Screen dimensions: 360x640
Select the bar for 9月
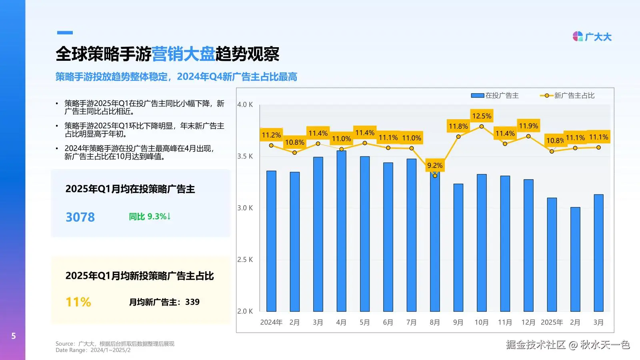pos(458,248)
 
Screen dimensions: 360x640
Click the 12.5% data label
pos(482,116)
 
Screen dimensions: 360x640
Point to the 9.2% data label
pos(435,165)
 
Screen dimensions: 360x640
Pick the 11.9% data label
pos(528,126)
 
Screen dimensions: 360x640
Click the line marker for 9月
pos(458,137)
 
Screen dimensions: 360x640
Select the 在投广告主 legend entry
pos(495,96)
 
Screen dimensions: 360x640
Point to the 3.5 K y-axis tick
pos(245,156)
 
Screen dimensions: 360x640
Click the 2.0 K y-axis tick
pos(245,311)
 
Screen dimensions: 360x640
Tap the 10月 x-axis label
pos(481,322)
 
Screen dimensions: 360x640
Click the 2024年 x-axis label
pos(271,322)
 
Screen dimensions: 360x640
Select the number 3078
pos(80,217)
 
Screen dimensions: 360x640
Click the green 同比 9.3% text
pos(150,216)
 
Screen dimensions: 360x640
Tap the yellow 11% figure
pos(78,302)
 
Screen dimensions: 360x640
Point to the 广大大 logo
pos(592,37)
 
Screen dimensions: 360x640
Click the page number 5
pos(14,336)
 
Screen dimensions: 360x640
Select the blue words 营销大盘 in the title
pos(183,54)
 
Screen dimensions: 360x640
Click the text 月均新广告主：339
pos(164,302)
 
